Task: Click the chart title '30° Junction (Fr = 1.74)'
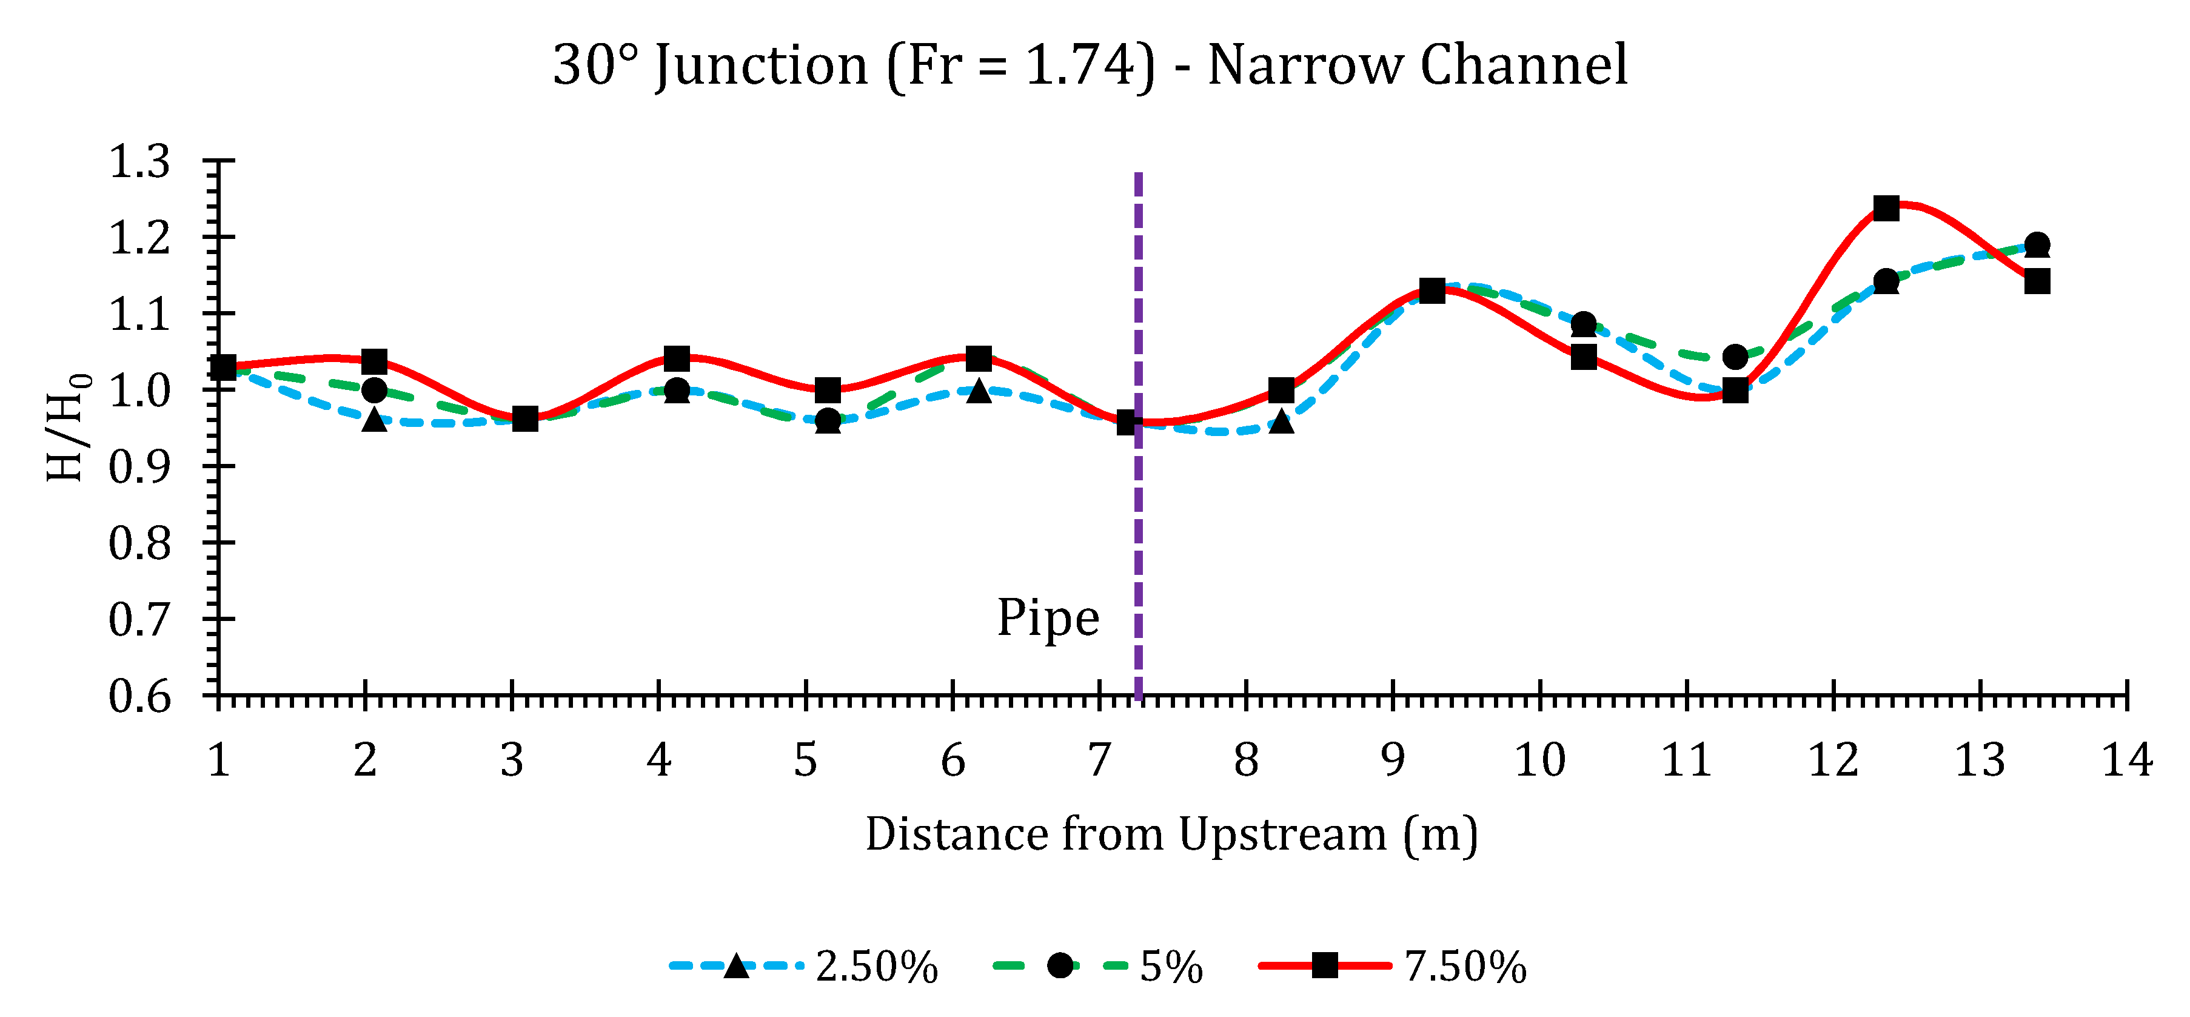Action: click(x=1090, y=65)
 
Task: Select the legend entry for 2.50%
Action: click(x=803, y=967)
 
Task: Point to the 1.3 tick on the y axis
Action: click(x=140, y=161)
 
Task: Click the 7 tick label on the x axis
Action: click(x=1099, y=759)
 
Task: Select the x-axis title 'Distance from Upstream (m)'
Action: click(x=1171, y=834)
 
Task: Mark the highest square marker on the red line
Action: click(x=1886, y=209)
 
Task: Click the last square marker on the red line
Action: click(x=2037, y=281)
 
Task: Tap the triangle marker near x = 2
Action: click(x=374, y=420)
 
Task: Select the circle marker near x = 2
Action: click(x=374, y=391)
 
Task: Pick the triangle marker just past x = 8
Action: click(x=1281, y=421)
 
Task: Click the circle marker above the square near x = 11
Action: click(x=1735, y=357)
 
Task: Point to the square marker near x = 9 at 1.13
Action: click(x=1433, y=291)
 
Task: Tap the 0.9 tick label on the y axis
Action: click(x=140, y=467)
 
